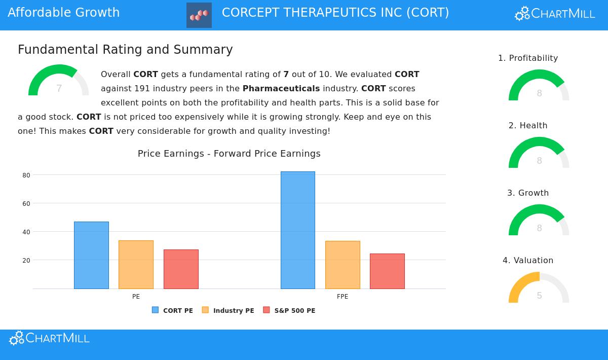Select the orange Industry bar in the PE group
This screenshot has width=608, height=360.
[136, 265]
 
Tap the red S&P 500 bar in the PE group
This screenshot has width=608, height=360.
[181, 269]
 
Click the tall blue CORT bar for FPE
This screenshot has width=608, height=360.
[298, 230]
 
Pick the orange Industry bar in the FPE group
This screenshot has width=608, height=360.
[343, 265]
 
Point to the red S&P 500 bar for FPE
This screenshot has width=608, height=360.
[387, 271]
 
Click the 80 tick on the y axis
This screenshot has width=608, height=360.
[26, 175]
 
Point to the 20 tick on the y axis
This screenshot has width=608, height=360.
[26, 261]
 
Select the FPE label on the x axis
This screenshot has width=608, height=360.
[343, 297]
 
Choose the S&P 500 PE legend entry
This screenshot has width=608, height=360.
[289, 310]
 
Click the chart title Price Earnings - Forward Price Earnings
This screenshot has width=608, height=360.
[229, 154]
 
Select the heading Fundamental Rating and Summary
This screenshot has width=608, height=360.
[125, 50]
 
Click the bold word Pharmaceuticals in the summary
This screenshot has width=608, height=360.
[281, 89]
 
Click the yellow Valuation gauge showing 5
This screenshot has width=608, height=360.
[539, 289]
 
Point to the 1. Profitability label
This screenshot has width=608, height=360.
[528, 58]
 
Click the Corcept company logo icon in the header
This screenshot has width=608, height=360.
[199, 15]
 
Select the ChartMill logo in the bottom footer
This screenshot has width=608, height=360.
[49, 338]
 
